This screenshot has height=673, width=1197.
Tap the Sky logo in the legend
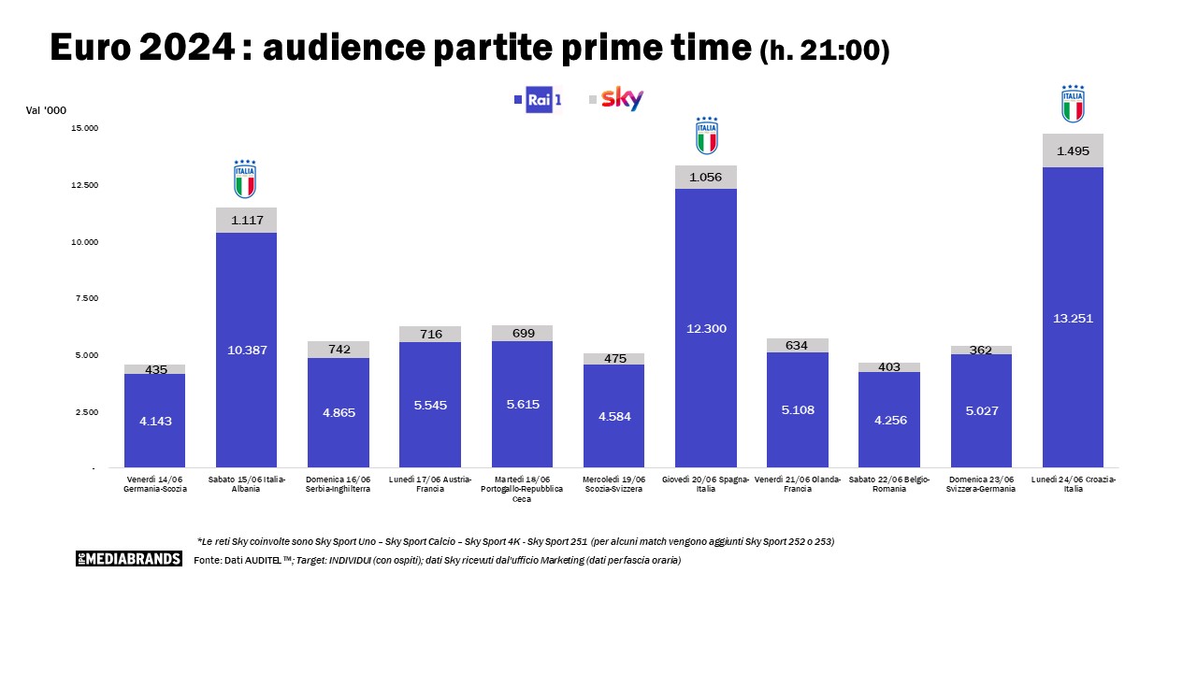pyautogui.click(x=621, y=99)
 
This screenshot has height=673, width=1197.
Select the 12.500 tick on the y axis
pyautogui.click(x=84, y=185)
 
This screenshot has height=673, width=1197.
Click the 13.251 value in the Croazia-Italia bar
pyautogui.click(x=1073, y=319)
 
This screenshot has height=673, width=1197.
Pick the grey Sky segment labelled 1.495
pyautogui.click(x=1073, y=150)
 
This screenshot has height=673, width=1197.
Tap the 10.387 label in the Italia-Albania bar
pyautogui.click(x=246, y=350)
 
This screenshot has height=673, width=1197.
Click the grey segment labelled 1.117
pyautogui.click(x=246, y=221)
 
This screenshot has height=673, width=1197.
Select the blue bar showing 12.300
pyautogui.click(x=706, y=328)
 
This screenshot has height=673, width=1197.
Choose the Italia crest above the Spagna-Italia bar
pyautogui.click(x=707, y=136)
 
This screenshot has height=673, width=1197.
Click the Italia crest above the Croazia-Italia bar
pyautogui.click(x=1073, y=104)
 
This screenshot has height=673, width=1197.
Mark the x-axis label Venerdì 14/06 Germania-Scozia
pyautogui.click(x=155, y=483)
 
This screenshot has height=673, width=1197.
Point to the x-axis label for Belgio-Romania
pyautogui.click(x=889, y=483)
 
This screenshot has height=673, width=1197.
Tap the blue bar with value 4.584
pyautogui.click(x=613, y=416)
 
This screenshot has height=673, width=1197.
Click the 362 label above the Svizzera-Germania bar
pyautogui.click(x=981, y=351)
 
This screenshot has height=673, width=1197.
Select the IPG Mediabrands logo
pyautogui.click(x=129, y=559)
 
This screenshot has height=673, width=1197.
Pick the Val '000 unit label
pyautogui.click(x=46, y=110)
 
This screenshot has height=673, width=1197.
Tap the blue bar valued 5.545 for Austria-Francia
pyautogui.click(x=430, y=405)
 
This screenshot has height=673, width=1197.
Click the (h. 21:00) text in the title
pyautogui.click(x=824, y=50)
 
